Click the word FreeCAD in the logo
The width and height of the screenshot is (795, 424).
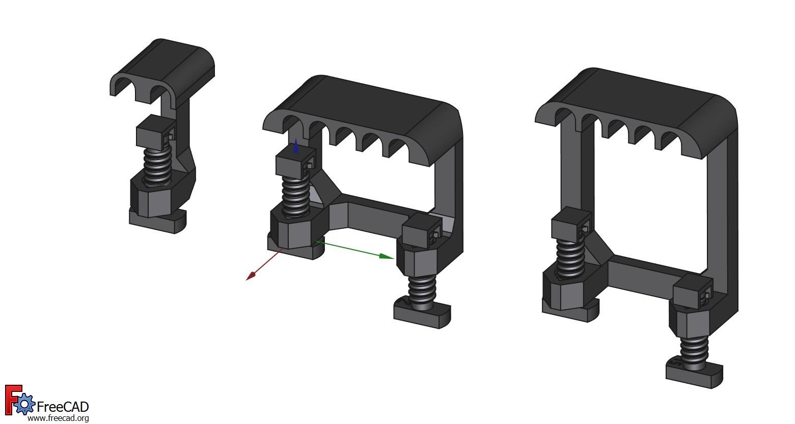coord(63,407)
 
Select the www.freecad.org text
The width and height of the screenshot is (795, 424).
coord(58,418)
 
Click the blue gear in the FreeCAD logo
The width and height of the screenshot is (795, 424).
coord(24,405)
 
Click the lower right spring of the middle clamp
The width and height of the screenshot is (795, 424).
coord(422,289)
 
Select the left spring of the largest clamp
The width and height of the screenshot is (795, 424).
coord(569,257)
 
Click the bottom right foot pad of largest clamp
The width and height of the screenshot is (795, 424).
coord(694,375)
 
